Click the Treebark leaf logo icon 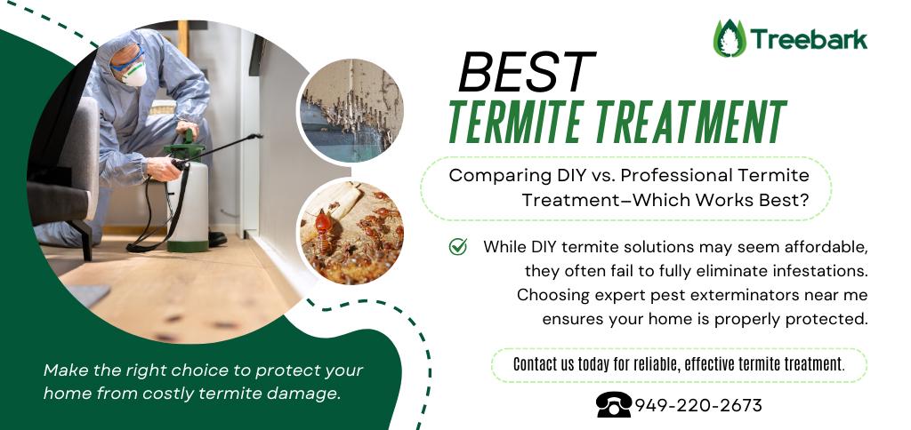tap(730, 38)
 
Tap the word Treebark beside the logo tap(809, 39)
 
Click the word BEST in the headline tap(527, 72)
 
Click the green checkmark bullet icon tap(458, 246)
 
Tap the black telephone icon tap(614, 404)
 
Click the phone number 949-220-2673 tap(697, 405)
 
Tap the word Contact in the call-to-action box tap(534, 364)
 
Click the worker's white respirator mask tap(135, 74)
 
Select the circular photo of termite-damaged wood tap(351, 110)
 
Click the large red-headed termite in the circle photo tap(323, 230)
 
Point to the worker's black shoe tap(217, 238)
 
